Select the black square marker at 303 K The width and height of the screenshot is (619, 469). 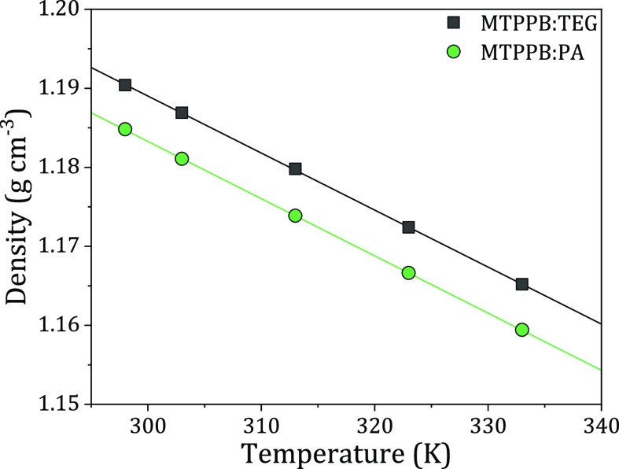tap(182, 113)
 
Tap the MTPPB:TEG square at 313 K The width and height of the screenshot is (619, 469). tap(295, 168)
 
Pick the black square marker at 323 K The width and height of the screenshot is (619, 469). tap(408, 227)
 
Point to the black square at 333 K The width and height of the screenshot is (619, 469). tap(521, 284)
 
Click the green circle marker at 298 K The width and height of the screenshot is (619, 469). tap(124, 129)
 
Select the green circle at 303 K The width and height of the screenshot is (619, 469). tap(182, 158)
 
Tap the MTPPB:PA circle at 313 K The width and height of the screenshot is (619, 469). tap(295, 215)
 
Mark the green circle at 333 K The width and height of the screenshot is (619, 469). tap(521, 330)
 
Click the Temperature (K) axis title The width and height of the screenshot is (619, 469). tap(345, 452)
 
